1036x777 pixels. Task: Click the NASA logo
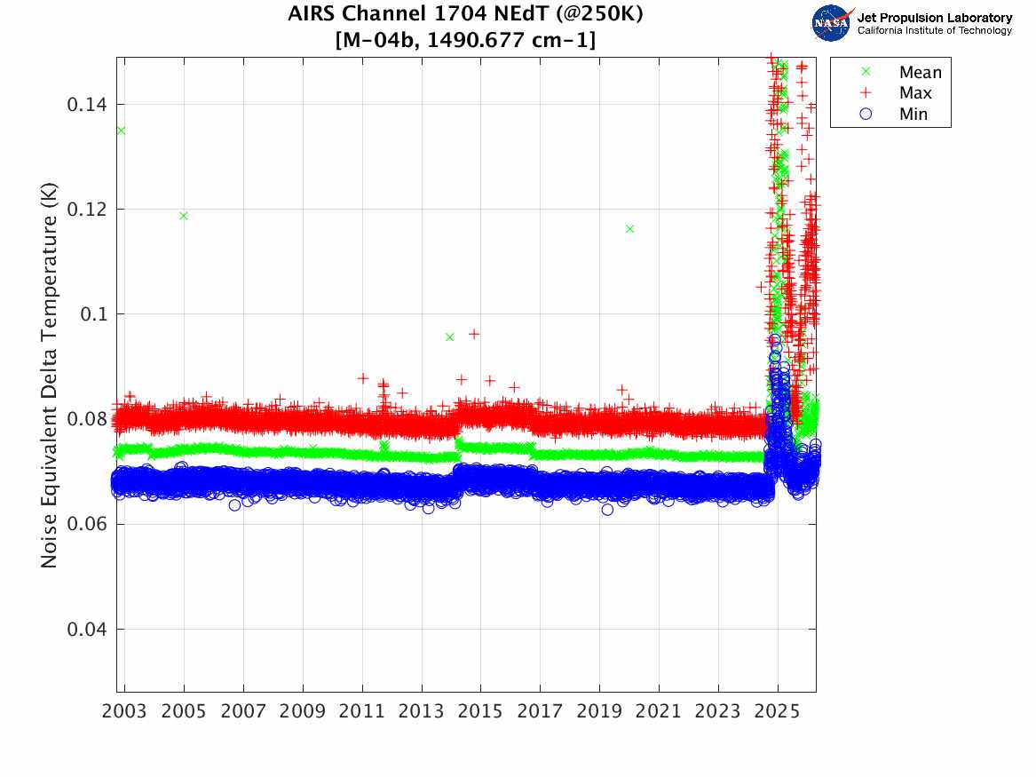click(x=831, y=22)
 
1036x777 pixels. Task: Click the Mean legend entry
click(x=920, y=73)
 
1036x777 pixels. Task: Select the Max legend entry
click(x=915, y=93)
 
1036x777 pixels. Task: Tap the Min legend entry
click(x=913, y=115)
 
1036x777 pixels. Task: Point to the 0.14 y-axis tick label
click(x=87, y=105)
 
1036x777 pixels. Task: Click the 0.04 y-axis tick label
click(x=87, y=630)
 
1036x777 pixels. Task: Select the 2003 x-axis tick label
click(x=125, y=711)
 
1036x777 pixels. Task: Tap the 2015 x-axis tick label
click(x=481, y=711)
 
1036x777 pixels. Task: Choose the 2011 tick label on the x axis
click(x=362, y=711)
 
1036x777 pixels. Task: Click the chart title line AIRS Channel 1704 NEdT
click(x=465, y=14)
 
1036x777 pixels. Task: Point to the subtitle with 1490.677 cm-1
click(x=465, y=40)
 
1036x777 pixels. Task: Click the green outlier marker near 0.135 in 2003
click(x=121, y=131)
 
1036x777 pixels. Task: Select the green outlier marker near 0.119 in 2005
click(x=184, y=216)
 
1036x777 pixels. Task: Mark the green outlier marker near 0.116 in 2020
click(x=629, y=229)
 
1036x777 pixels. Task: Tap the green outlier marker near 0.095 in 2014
click(x=449, y=337)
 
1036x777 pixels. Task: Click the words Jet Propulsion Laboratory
click(x=934, y=18)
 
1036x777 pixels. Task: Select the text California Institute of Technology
click(x=934, y=31)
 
